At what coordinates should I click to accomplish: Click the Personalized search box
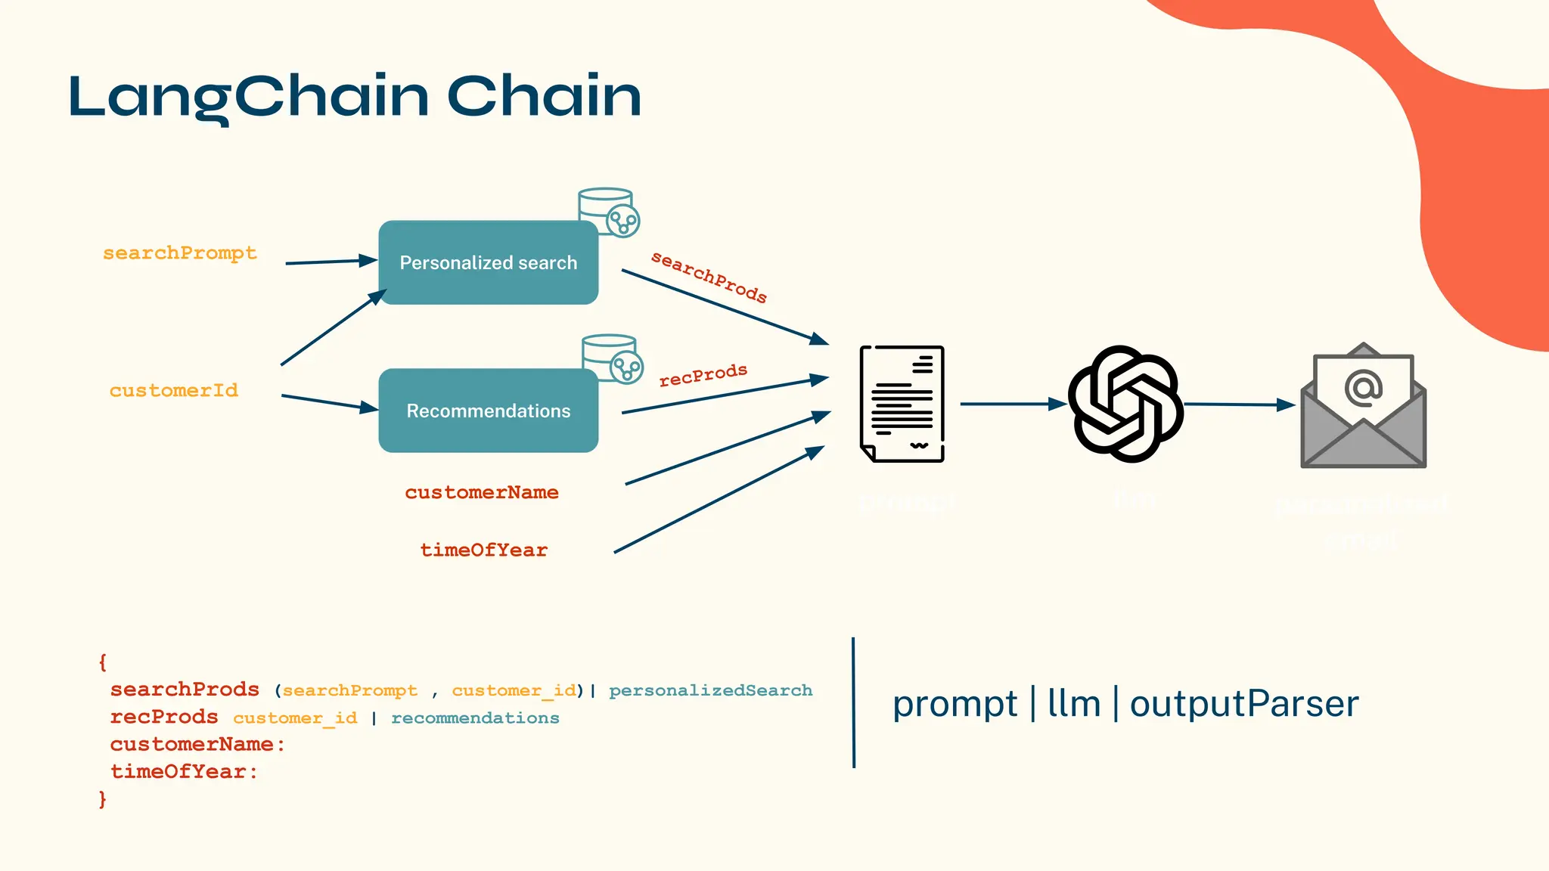[x=488, y=262]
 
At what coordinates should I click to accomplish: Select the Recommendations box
[x=488, y=411]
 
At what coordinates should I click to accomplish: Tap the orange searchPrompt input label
[x=180, y=253]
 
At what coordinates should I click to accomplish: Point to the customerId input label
[x=174, y=391]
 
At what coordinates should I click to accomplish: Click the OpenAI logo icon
[x=1125, y=405]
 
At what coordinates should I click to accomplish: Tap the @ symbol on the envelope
[x=1364, y=389]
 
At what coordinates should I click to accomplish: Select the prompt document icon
[x=902, y=405]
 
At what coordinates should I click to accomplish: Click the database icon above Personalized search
[x=608, y=211]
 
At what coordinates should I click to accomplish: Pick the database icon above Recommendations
[x=612, y=358]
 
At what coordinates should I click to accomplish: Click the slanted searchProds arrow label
[x=709, y=277]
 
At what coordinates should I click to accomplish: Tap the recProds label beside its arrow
[x=703, y=375]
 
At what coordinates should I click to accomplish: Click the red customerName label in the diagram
[x=482, y=493]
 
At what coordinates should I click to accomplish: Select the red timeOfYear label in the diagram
[x=484, y=550]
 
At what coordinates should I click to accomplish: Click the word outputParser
[x=1244, y=704]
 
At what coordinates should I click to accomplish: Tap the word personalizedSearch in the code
[x=710, y=690]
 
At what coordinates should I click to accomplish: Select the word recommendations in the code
[x=475, y=718]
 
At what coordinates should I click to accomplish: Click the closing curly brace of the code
[x=103, y=799]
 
